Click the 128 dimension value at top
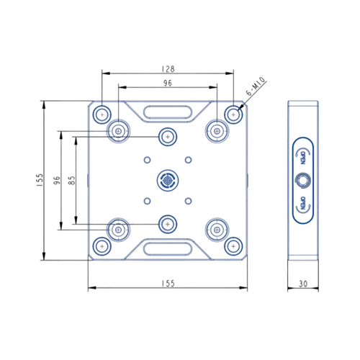coord(168,69)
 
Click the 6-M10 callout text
coord(256,86)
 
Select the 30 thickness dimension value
coord(303,284)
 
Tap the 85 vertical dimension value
coord(72,180)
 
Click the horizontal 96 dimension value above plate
coord(168,83)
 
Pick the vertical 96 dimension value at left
coord(57,180)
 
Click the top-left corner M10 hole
coord(102,114)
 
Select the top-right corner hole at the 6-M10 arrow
coord(233,114)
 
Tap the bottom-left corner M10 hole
coord(102,246)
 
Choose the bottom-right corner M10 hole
coord(233,246)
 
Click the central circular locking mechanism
coord(168,181)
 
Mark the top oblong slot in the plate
coord(168,112)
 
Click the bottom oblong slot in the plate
coord(168,249)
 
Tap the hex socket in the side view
coord(303,181)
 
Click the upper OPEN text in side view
coord(303,157)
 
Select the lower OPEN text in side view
coord(303,203)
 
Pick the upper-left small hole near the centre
coord(147,160)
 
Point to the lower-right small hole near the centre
coord(189,201)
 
